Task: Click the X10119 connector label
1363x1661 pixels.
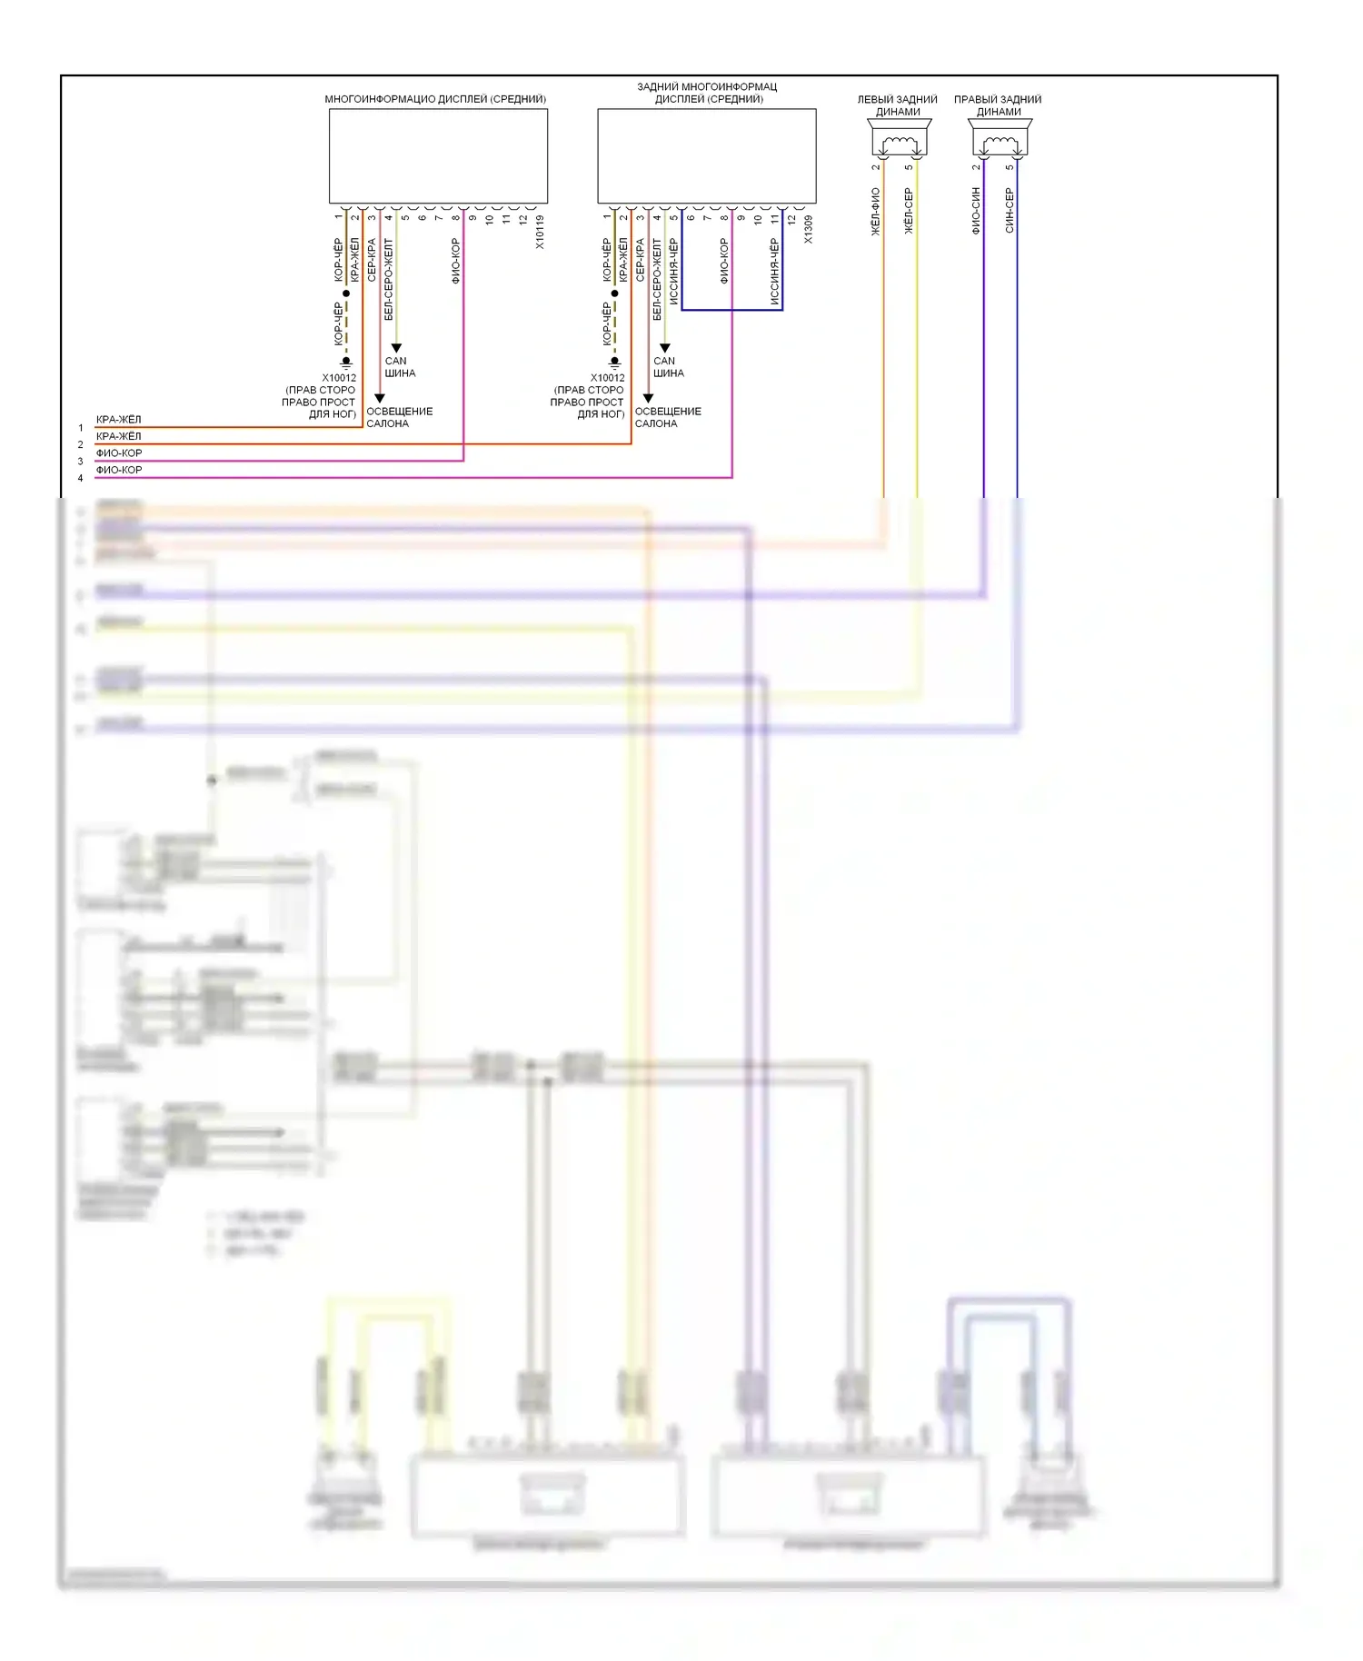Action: (x=540, y=232)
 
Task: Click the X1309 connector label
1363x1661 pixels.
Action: (x=808, y=230)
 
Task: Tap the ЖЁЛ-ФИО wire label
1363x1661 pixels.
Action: (x=876, y=212)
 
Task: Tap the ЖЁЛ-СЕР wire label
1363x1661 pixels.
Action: (x=909, y=212)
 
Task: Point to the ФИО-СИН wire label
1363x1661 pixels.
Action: (x=976, y=212)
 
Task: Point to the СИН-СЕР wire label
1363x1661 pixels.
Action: (x=1010, y=212)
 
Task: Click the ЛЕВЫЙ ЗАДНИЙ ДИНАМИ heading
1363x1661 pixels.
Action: (x=898, y=105)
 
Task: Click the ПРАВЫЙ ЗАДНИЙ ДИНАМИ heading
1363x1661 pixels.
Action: (x=998, y=105)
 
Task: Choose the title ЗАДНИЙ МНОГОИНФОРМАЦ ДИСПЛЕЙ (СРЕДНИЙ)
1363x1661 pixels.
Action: (x=708, y=93)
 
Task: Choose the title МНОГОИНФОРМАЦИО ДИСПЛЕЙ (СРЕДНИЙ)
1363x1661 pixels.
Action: (x=435, y=99)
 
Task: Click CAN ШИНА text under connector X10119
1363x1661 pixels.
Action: (x=399, y=367)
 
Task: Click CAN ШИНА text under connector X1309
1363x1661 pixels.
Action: (x=668, y=367)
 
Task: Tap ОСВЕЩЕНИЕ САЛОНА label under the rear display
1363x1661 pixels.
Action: (x=667, y=417)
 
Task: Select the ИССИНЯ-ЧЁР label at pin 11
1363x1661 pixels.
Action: (x=774, y=271)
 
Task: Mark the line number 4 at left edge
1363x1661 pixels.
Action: (x=80, y=478)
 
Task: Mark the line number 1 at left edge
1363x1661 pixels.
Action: (x=80, y=428)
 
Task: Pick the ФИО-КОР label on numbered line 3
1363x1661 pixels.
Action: (x=119, y=453)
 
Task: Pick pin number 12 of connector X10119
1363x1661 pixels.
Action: (x=523, y=219)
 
